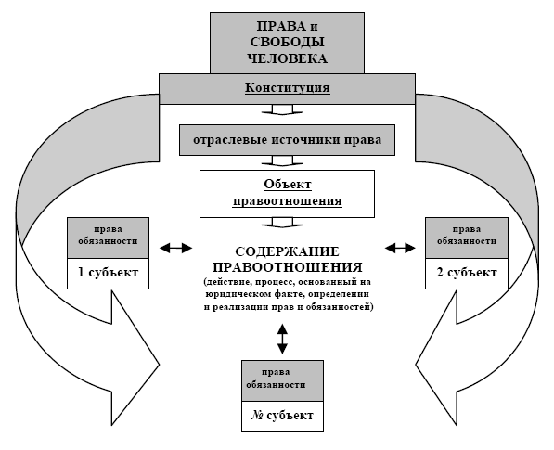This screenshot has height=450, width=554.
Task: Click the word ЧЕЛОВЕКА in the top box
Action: click(287, 58)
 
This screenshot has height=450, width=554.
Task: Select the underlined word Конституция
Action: click(288, 87)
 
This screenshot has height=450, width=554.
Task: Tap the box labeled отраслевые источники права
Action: click(287, 140)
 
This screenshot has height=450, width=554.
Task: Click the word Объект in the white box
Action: click(288, 184)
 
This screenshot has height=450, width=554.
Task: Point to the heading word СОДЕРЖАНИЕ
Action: click(287, 251)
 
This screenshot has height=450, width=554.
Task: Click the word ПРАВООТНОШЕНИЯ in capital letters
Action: click(288, 267)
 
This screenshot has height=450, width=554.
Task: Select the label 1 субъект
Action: click(108, 273)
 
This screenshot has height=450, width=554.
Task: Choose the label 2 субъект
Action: click(467, 273)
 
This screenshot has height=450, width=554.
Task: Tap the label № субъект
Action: click(282, 416)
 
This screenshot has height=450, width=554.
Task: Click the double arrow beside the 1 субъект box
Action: click(175, 248)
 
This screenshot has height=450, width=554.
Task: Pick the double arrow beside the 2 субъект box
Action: click(400, 248)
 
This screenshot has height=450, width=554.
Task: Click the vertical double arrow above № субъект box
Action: click(282, 339)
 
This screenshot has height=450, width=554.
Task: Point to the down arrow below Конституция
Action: click(282, 109)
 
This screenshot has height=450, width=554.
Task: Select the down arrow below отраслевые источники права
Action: click(282, 161)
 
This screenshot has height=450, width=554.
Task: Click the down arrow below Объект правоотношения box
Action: click(282, 222)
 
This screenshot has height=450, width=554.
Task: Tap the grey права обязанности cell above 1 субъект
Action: click(109, 238)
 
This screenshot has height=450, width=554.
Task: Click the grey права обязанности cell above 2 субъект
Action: click(467, 238)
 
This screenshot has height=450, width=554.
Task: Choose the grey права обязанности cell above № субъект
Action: click(282, 380)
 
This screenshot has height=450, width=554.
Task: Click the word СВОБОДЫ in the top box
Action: click(287, 42)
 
